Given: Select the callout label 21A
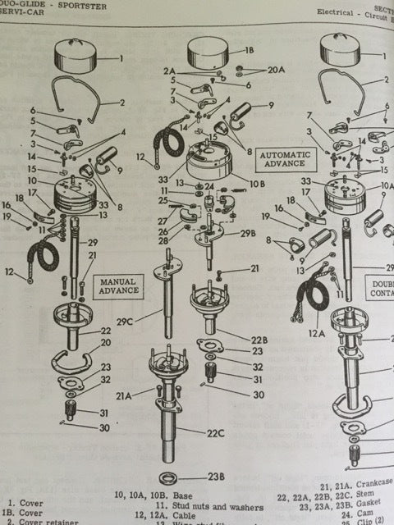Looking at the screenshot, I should point(123,395).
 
